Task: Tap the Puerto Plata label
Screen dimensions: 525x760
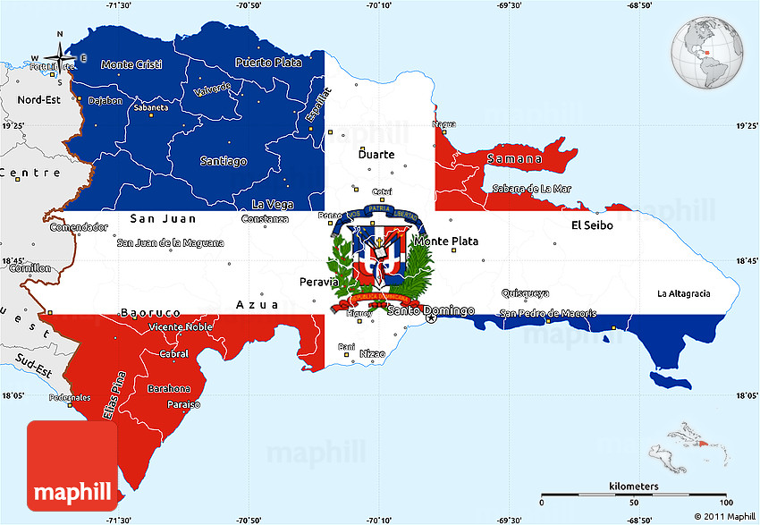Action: pyautogui.click(x=268, y=63)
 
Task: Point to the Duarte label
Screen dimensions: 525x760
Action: pyautogui.click(x=376, y=155)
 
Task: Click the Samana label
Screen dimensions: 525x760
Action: pyautogui.click(x=514, y=159)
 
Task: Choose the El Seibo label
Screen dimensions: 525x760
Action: pyautogui.click(x=592, y=225)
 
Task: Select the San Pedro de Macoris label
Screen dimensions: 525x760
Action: pyautogui.click(x=547, y=313)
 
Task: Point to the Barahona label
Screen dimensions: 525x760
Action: pyautogui.click(x=169, y=388)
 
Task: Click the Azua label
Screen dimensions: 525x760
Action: pyautogui.click(x=257, y=305)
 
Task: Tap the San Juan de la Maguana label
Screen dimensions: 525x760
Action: pyautogui.click(x=170, y=242)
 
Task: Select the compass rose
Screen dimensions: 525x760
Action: pyautogui.click(x=61, y=61)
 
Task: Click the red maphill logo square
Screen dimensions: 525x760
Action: pyautogui.click(x=72, y=466)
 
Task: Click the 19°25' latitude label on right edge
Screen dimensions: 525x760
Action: pyautogui.click(x=746, y=126)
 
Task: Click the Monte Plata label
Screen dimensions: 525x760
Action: pyautogui.click(x=445, y=241)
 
